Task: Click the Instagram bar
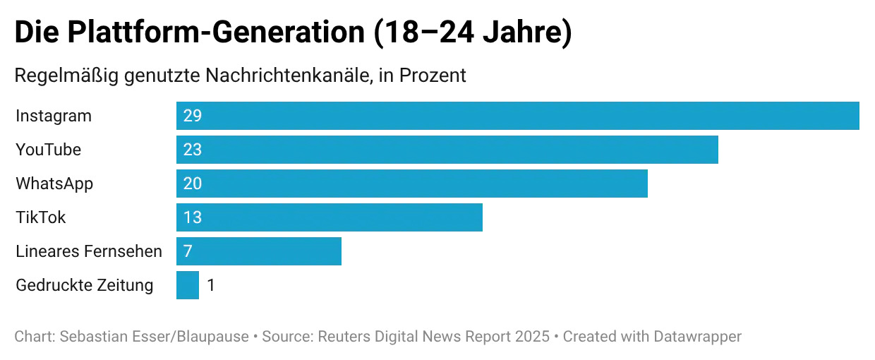coord(517,116)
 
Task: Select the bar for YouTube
coord(447,150)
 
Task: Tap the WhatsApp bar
coord(411,184)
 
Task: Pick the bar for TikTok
coord(329,217)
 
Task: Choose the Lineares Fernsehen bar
coord(258,251)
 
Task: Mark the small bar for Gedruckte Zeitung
coord(188,285)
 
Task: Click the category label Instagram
coord(54,116)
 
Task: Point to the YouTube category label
coord(48,150)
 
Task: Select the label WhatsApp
coord(54,184)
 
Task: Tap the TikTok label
coord(40,217)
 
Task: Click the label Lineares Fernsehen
coord(89,251)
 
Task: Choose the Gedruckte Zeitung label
coord(84,285)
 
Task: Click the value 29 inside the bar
coord(192,116)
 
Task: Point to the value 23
coord(192,150)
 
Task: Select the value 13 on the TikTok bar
coord(192,217)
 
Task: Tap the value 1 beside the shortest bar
coord(211,285)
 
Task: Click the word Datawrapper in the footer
coord(698,337)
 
